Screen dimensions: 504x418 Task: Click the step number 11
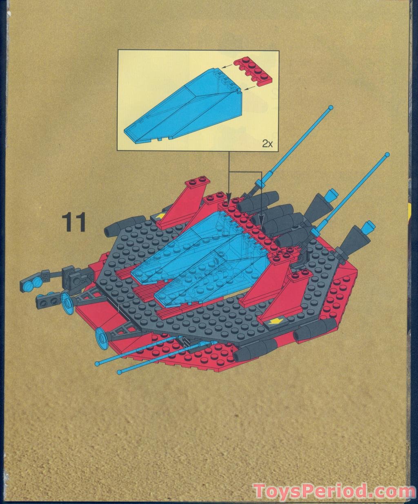click(74, 222)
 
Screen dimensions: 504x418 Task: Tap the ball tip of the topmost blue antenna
click(331, 108)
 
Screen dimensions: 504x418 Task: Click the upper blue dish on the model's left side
click(67, 303)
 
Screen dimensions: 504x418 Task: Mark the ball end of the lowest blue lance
click(120, 372)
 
